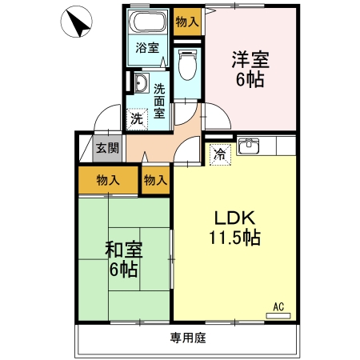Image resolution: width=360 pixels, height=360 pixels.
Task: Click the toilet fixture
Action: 186,66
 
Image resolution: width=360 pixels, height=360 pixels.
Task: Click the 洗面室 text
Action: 160,102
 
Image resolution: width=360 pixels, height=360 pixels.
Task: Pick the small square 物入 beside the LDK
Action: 156,180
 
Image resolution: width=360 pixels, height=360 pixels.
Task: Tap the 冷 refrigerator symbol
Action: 218,154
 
